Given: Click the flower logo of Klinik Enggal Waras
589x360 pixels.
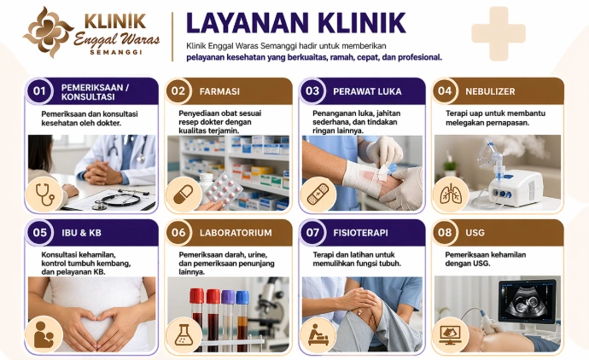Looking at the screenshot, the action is pos(48,32).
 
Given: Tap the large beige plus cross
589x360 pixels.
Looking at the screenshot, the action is pos(499,33).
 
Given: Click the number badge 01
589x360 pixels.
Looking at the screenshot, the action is pos(39,91).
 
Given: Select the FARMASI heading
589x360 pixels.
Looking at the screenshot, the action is pos(219,91).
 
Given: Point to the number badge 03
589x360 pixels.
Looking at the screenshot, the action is pos(312,91).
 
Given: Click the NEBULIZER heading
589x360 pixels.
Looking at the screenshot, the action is pos(490,91).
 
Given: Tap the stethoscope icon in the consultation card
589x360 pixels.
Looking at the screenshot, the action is pos(44,195).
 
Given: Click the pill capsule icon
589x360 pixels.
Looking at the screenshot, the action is pos(184,195).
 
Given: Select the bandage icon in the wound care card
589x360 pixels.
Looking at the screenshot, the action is pos(318,195).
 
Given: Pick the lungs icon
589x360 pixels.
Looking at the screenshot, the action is pos(451,195).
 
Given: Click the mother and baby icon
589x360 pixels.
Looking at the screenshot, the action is pos(44,335).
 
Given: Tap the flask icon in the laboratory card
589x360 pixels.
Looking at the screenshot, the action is pos(184,335).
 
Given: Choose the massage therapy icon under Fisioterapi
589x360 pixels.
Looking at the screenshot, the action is pos(318,335).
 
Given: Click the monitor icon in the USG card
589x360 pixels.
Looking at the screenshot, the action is pos(451,335).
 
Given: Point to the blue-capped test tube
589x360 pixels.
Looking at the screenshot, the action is pos(242,319).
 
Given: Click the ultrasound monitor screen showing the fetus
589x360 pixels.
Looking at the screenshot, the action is pos(527,300).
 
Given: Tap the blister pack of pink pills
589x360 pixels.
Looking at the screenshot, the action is pos(223,190).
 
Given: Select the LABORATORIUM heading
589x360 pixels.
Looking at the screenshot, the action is pos(236,233).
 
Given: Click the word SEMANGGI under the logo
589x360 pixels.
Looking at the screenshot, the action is pos(116,52).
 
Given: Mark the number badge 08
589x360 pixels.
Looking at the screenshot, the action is pos(445,232).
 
